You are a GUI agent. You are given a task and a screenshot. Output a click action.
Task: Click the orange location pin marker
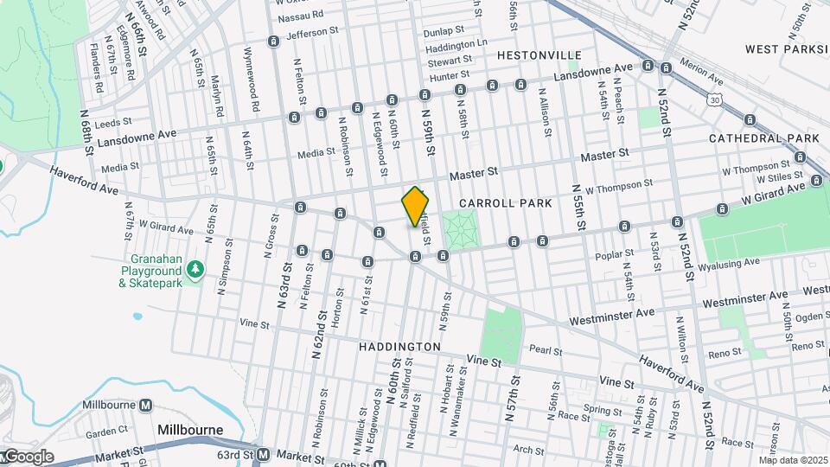pyautogui.click(x=415, y=206)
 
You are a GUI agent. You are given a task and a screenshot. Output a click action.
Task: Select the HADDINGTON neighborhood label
pyautogui.click(x=399, y=346)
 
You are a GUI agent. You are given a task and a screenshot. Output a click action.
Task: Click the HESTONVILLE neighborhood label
pyautogui.click(x=539, y=55)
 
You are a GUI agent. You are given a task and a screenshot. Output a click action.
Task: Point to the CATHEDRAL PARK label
pyautogui.click(x=763, y=138)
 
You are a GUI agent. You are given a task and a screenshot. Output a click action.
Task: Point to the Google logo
pyautogui.click(x=28, y=457)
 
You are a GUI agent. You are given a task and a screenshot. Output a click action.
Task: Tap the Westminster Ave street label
pyautogui.click(x=610, y=318)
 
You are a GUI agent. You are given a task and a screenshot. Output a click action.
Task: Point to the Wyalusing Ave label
pyautogui.click(x=733, y=261)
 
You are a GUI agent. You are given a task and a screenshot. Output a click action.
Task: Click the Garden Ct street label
pyautogui.click(x=106, y=432)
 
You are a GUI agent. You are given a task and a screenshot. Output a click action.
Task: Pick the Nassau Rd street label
pyautogui.click(x=301, y=15)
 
